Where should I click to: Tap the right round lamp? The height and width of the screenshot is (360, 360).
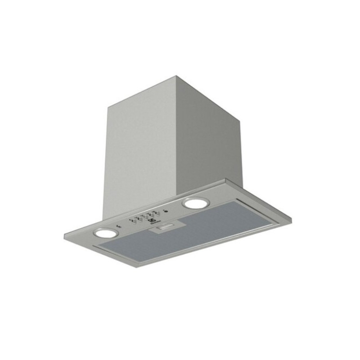(x=193, y=203)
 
